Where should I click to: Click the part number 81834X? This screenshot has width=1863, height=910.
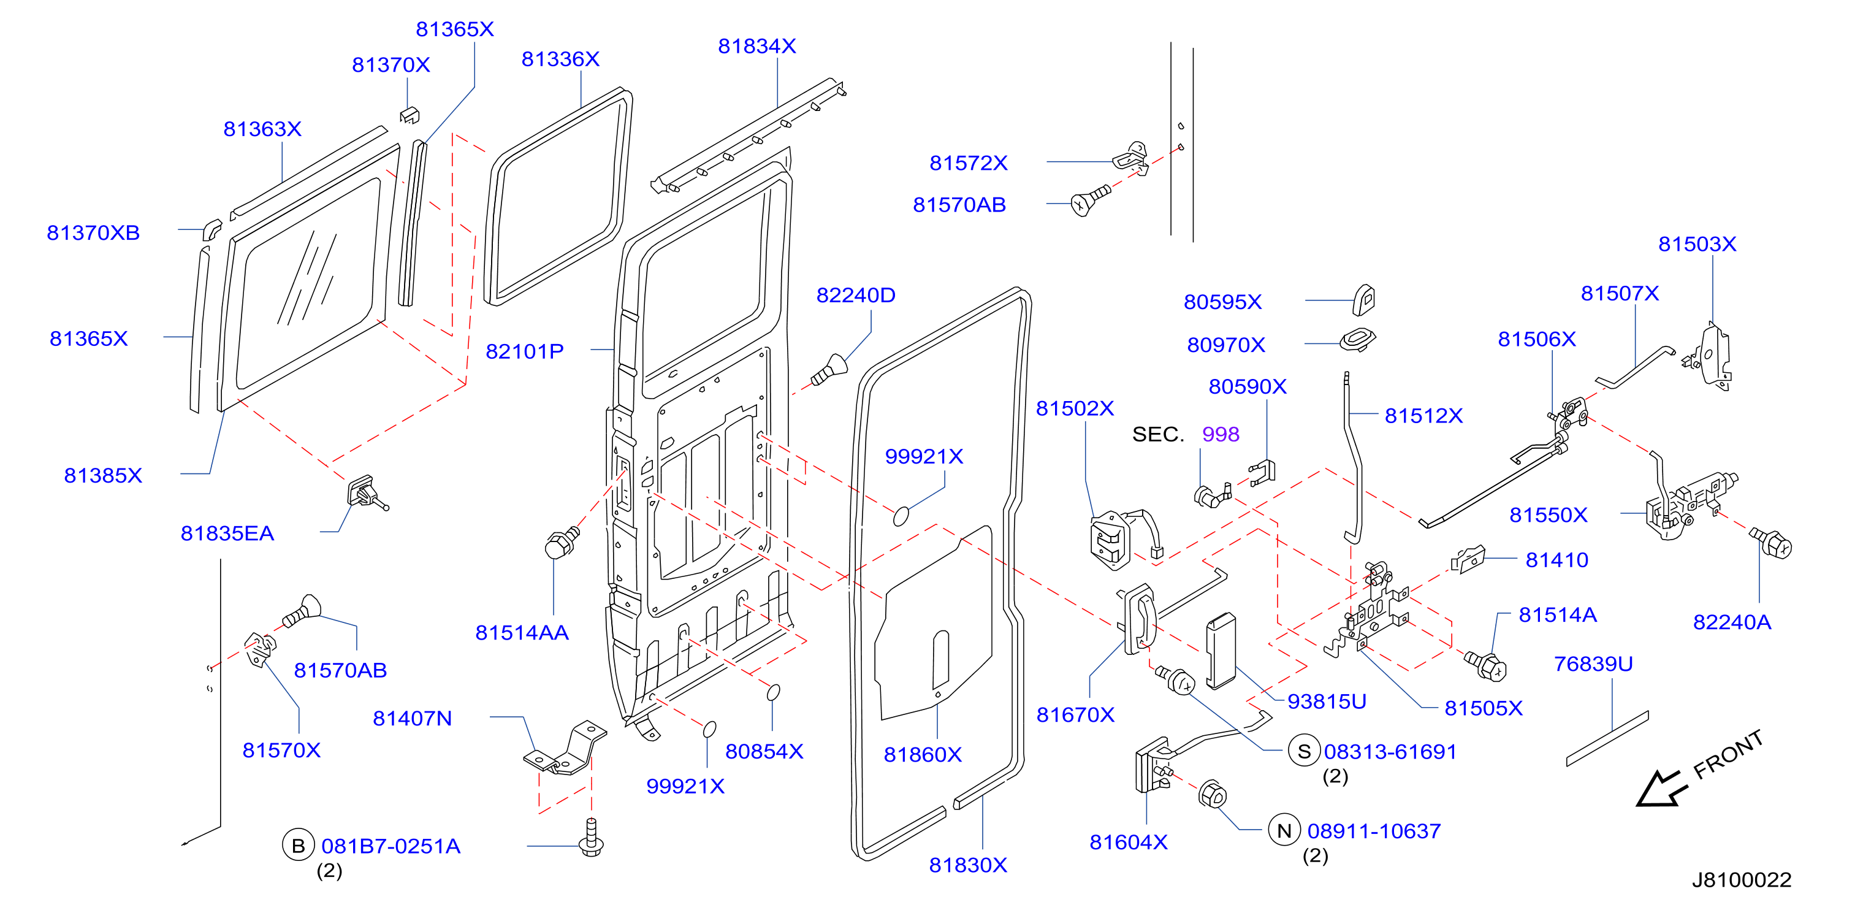point(756,46)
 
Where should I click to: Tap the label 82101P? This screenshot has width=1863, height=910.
point(524,351)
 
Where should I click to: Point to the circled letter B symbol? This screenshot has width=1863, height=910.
point(298,846)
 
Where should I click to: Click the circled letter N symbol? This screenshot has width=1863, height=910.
point(1284,830)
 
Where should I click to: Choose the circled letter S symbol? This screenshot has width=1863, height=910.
point(1304,752)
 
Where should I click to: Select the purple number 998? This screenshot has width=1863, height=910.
point(1221,434)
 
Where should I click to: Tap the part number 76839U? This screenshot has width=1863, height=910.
point(1593,664)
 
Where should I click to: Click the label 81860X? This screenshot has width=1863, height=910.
point(923,754)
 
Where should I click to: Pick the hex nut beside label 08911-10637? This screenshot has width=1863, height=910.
point(1212,794)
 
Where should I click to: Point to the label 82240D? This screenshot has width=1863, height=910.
point(856,295)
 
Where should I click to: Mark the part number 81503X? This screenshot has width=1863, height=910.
point(1697,244)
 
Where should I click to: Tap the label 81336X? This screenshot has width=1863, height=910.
point(560,59)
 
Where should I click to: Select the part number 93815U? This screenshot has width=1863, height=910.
point(1327,702)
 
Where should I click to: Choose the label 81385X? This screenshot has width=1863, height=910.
point(104,476)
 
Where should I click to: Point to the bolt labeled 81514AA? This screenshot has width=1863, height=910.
point(560,543)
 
